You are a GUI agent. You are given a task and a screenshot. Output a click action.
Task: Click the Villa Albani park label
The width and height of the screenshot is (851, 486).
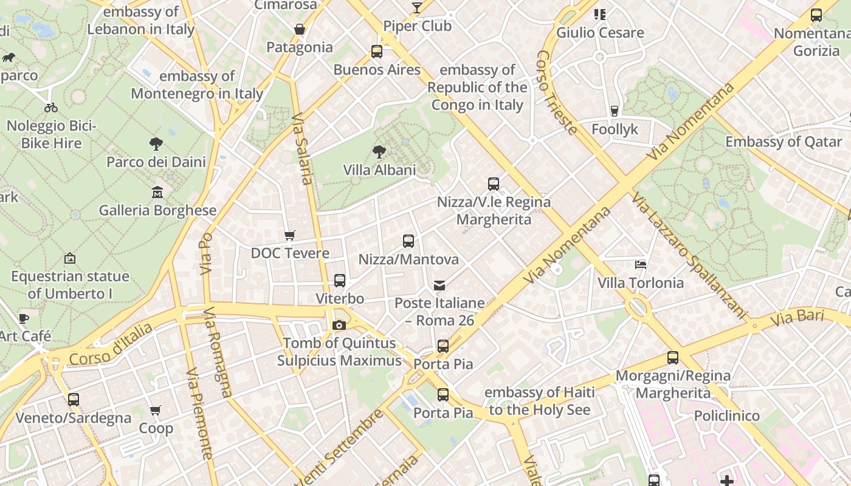[379, 170]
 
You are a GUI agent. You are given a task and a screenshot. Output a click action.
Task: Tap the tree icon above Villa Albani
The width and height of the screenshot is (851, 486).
[379, 151]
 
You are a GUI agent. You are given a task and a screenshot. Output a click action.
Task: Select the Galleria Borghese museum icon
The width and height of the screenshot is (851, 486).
[157, 192]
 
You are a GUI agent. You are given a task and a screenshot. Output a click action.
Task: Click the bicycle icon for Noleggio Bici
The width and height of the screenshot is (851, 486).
[51, 108]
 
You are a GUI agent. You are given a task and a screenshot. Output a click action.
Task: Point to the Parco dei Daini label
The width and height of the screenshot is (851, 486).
[156, 162]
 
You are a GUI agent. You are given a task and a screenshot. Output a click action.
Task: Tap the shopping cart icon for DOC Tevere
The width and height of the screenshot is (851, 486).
[290, 235]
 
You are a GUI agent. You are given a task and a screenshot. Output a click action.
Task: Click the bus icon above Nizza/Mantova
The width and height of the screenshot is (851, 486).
[408, 241]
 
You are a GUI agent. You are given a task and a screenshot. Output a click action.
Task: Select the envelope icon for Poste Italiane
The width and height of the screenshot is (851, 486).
[439, 285]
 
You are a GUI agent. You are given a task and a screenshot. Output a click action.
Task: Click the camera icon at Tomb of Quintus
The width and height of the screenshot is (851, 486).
[339, 326]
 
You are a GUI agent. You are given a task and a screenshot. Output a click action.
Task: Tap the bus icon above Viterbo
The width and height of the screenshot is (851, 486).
[340, 281]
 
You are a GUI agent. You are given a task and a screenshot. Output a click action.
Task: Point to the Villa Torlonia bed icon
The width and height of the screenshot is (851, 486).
[640, 264]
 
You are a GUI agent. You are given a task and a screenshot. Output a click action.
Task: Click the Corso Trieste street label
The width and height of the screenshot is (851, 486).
[556, 92]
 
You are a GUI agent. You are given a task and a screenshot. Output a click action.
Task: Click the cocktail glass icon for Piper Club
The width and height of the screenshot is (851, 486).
[417, 8]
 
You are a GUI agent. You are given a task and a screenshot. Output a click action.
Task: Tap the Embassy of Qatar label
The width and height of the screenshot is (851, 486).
[784, 142]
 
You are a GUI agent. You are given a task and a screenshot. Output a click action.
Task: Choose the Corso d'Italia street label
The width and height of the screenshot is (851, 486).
[111, 345]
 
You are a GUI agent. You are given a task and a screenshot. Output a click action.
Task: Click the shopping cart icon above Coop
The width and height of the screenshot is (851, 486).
[156, 411]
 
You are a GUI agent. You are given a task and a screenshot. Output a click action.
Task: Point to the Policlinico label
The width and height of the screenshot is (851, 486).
[727, 416]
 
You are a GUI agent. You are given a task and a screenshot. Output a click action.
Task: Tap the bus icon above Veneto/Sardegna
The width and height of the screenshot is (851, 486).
[74, 400]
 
